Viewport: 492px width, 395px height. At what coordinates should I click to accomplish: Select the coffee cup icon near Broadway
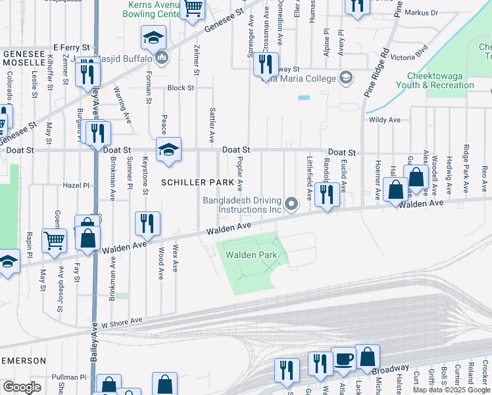(x=343, y=359)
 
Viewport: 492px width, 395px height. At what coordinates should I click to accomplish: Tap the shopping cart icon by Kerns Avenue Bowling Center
(x=193, y=9)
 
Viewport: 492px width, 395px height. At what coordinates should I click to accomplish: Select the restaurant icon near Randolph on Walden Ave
(x=324, y=194)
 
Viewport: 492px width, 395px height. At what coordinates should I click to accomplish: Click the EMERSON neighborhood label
(x=23, y=361)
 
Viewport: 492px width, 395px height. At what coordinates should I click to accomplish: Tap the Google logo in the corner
(x=22, y=386)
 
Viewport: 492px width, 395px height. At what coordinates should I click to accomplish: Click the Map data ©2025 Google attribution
(x=451, y=390)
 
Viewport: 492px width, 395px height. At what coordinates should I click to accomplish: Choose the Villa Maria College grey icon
(x=344, y=78)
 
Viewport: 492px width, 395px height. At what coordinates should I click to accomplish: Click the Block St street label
(x=179, y=88)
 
